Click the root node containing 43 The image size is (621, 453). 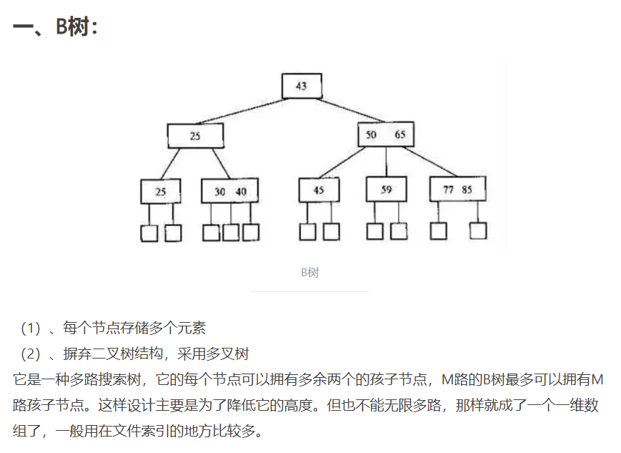[301, 86]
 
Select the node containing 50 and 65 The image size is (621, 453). [385, 135]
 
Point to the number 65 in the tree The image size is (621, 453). [399, 135]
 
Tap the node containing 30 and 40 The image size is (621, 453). [229, 191]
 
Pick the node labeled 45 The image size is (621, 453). [319, 190]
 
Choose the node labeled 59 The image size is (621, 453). [386, 190]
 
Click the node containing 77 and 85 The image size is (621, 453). [457, 190]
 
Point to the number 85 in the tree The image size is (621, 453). [467, 190]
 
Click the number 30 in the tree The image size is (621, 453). [219, 191]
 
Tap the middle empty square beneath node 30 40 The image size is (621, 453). [231, 233]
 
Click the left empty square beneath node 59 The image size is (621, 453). [375, 231]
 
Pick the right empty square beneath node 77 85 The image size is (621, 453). [478, 230]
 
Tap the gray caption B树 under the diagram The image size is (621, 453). [309, 273]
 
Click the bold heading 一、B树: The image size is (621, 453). [55, 27]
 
